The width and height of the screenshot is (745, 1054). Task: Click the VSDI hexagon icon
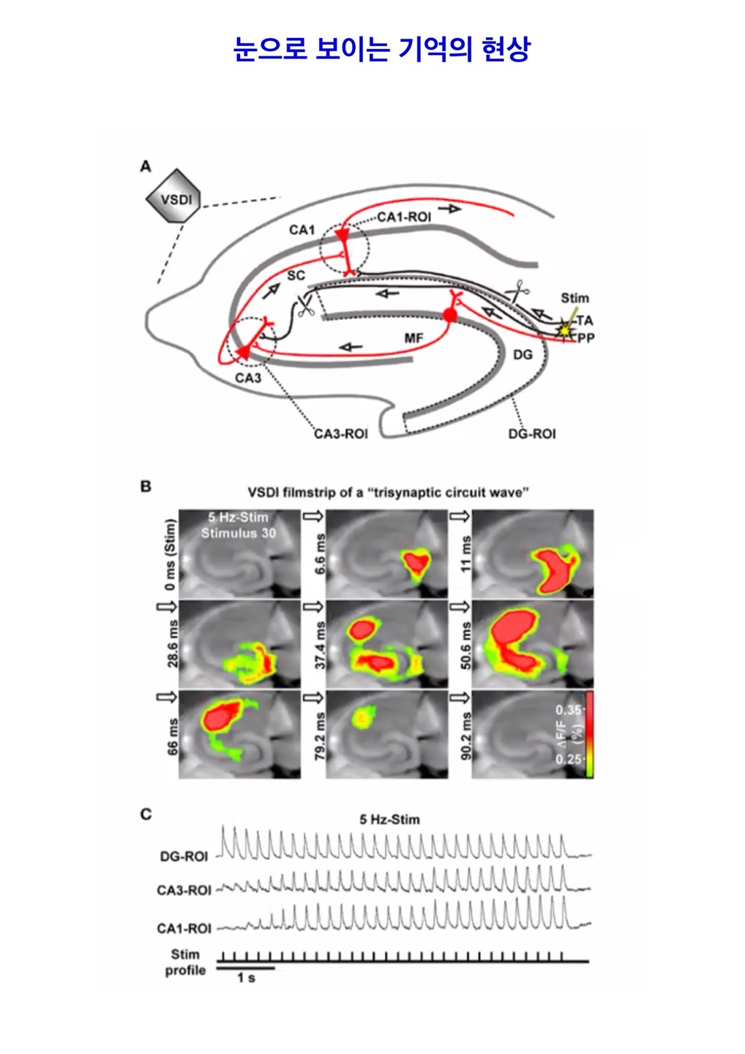(172, 198)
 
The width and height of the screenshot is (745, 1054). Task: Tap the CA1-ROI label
(404, 217)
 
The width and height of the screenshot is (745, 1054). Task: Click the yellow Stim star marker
(564, 329)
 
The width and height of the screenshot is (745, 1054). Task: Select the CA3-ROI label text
(341, 434)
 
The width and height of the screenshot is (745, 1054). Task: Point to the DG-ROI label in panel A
(532, 434)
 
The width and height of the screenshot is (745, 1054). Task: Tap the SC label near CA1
(296, 275)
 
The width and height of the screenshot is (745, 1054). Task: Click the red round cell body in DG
(450, 315)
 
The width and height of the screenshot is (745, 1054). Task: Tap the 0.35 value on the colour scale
(569, 710)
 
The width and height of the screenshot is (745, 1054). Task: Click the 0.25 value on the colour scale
(569, 759)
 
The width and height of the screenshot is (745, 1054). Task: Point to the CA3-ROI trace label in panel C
(184, 891)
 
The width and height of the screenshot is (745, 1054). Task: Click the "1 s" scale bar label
(246, 979)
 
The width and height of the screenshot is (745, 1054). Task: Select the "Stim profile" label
(185, 963)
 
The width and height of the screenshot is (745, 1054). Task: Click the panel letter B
(146, 487)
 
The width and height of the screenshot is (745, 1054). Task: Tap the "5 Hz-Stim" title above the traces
(389, 819)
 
